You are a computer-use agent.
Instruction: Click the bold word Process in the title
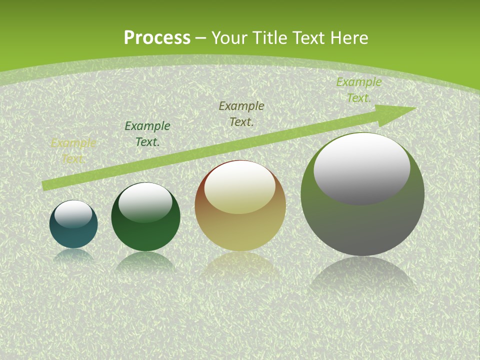157,38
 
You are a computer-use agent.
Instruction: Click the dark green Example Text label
147,133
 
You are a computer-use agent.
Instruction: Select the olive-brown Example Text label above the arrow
241,113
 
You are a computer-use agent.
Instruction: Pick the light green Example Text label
358,89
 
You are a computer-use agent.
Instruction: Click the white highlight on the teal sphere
73,214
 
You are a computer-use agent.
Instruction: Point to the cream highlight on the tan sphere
240,188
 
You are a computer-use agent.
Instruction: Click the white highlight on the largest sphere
361,168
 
